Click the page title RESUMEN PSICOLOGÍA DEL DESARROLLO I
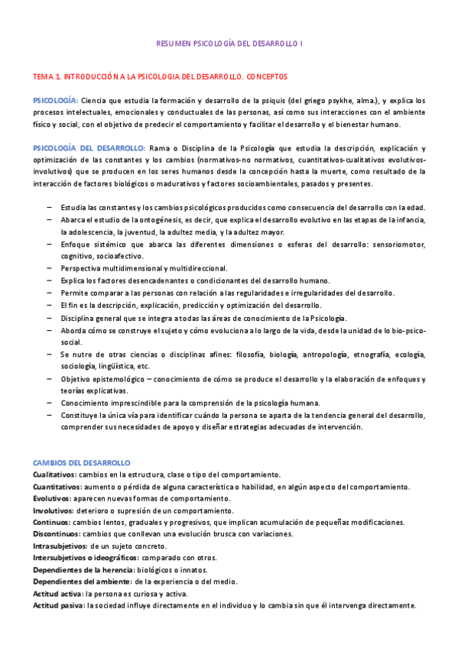pos(229,44)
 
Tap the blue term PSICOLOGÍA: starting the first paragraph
pos(55,101)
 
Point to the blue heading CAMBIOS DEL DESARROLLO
pos(82,463)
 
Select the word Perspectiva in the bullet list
pos(82,268)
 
